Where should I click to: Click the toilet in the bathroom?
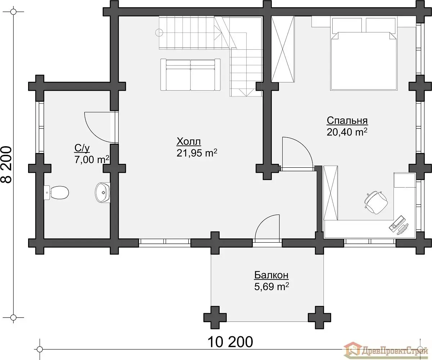(56, 193)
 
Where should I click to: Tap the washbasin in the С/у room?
(103, 192)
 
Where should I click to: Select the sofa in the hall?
(190, 75)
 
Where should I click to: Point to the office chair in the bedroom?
(376, 203)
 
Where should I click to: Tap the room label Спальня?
(347, 120)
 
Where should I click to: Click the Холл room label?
(189, 142)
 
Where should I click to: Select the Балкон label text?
(271, 275)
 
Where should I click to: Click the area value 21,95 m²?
(197, 153)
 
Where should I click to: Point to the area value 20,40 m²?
(347, 132)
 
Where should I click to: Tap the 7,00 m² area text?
(92, 159)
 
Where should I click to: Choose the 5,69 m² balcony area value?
(271, 287)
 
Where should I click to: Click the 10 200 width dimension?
(230, 342)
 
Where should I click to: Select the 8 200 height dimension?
(6, 165)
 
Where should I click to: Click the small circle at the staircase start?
(159, 32)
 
